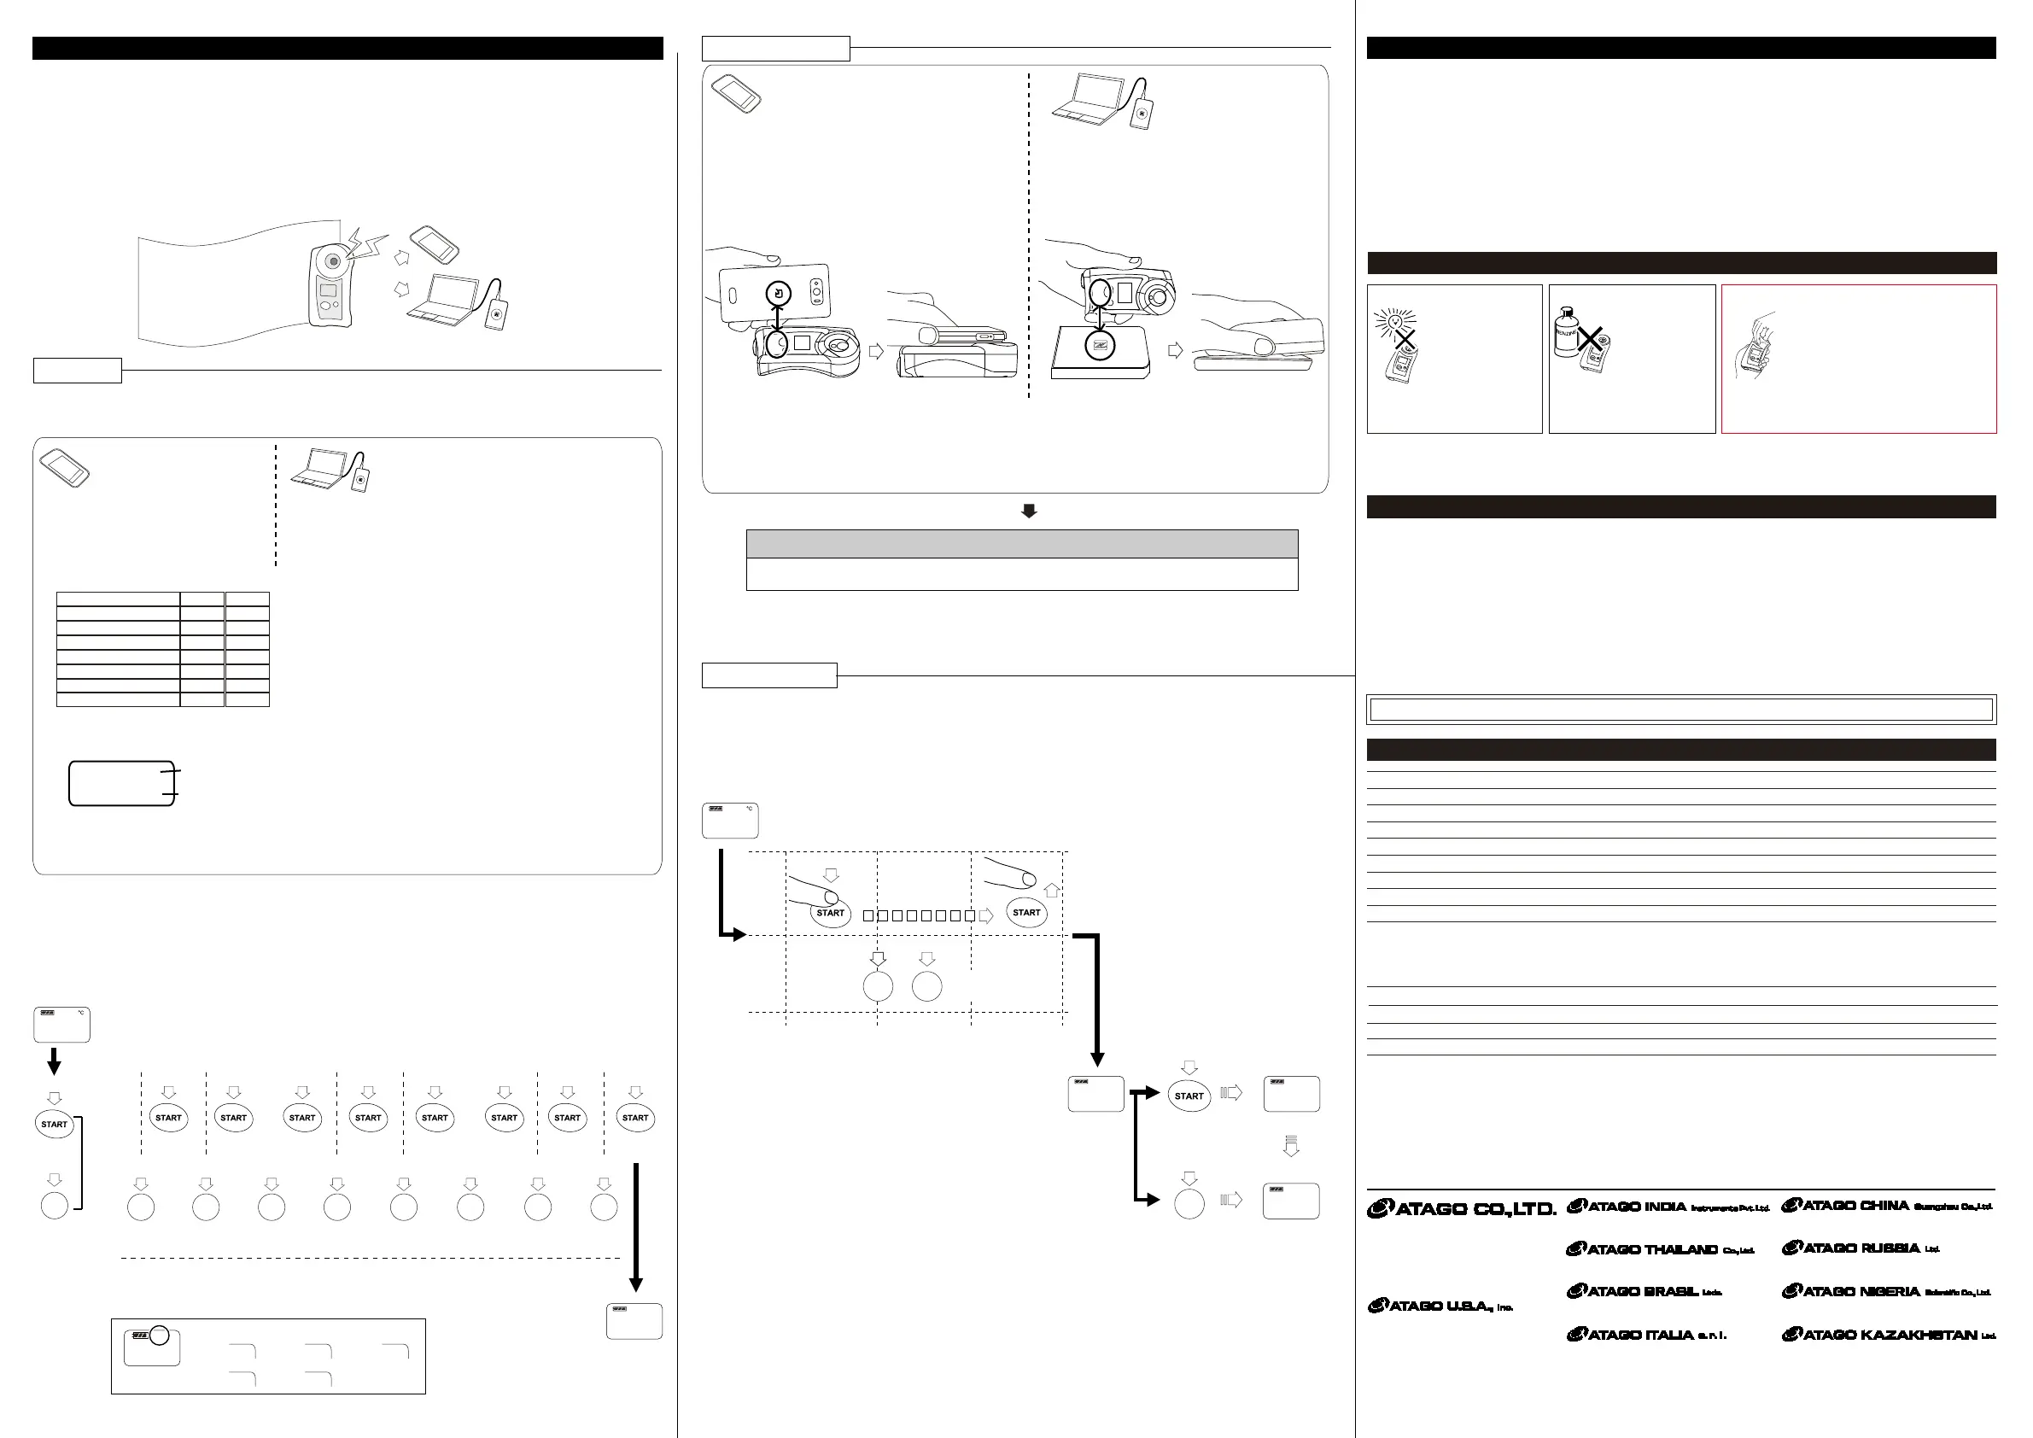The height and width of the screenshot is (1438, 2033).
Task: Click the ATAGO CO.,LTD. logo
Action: (x=1461, y=1208)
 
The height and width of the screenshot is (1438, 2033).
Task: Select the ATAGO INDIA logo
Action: (x=1668, y=1206)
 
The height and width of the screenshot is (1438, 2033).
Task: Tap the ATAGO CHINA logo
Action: (x=1887, y=1205)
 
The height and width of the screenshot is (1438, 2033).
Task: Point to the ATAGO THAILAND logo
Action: (x=1660, y=1249)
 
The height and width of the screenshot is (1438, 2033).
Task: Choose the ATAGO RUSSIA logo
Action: (x=1861, y=1248)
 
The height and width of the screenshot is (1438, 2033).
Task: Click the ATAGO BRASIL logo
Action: (x=1645, y=1291)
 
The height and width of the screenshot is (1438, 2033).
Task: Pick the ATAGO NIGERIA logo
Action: (x=1886, y=1291)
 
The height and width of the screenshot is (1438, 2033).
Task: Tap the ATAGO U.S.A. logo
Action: (x=1440, y=1305)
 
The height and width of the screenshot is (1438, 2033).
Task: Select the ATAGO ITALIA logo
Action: (x=1647, y=1335)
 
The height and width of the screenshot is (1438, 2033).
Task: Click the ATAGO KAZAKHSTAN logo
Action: (x=1889, y=1335)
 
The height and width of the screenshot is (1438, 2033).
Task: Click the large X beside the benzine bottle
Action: (x=1592, y=338)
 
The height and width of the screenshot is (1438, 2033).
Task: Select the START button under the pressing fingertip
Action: (x=831, y=913)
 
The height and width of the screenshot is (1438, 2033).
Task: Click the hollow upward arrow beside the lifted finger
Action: (x=1052, y=890)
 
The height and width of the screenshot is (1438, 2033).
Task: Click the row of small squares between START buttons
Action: (x=919, y=915)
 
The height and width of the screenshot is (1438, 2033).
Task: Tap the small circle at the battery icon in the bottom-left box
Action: (x=159, y=1336)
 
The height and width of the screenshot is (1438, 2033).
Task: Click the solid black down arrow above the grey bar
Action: (x=1029, y=511)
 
